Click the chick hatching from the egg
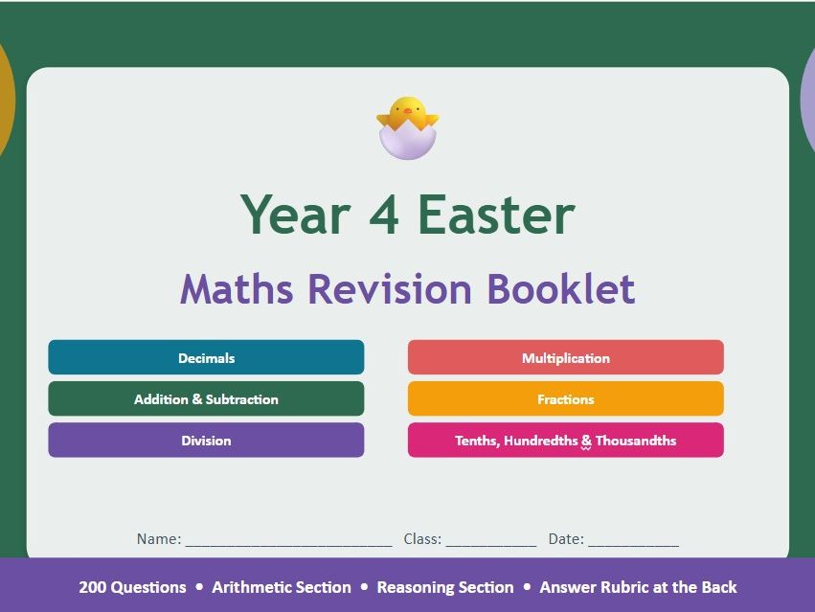[x=407, y=127]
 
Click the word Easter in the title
[x=496, y=215]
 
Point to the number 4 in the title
[x=386, y=215]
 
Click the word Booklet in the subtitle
[x=560, y=289]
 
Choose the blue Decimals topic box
[x=206, y=358]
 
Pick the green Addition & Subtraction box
[x=206, y=399]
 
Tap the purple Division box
[x=206, y=441]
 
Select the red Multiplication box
[x=565, y=358]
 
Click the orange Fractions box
[x=565, y=399]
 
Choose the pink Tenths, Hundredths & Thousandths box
[x=565, y=441]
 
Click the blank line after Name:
[x=288, y=540]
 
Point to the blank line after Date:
[x=633, y=540]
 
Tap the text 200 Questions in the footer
[x=132, y=587]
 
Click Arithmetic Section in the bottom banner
[x=282, y=587]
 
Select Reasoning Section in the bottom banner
[x=445, y=587]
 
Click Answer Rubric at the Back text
[x=638, y=587]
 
